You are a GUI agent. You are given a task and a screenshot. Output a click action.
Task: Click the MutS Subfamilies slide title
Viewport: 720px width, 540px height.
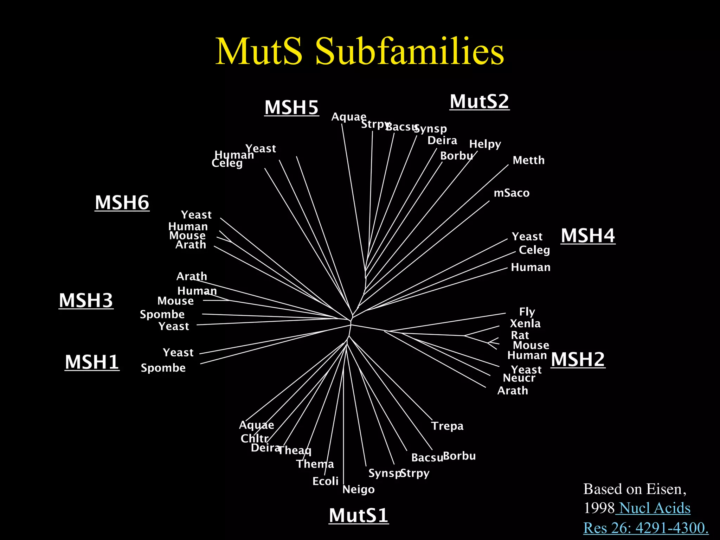click(360, 51)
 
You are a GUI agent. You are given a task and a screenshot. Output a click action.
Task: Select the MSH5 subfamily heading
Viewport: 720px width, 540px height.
click(291, 107)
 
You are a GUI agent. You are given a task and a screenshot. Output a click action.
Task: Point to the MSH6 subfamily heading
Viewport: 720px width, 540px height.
click(122, 202)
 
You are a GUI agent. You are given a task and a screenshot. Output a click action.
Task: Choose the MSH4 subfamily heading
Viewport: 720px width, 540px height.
click(588, 235)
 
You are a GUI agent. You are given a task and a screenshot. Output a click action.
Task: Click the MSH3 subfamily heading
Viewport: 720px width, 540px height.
click(86, 300)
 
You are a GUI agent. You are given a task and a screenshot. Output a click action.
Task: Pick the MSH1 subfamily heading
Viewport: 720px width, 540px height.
click(92, 362)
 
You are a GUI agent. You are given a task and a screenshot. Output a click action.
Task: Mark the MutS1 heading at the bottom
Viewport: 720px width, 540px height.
click(358, 515)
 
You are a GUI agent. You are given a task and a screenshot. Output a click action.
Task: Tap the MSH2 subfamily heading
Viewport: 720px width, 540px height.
click(578, 359)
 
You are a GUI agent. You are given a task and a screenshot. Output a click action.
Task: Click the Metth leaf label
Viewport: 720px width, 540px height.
click(528, 160)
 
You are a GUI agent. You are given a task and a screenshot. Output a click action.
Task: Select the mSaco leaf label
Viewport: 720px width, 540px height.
click(512, 193)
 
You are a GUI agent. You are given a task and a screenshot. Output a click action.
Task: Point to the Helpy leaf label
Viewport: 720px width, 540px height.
click(485, 144)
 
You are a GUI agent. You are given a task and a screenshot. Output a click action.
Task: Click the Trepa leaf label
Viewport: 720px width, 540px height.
click(447, 426)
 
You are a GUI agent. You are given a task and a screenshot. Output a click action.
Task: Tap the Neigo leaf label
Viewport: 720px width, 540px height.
click(358, 489)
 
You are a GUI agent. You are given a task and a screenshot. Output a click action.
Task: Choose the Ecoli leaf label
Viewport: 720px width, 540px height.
click(325, 481)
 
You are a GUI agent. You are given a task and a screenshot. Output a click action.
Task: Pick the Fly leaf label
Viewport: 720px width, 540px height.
click(527, 312)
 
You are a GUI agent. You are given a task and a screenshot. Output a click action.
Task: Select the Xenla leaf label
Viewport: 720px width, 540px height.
click(525, 323)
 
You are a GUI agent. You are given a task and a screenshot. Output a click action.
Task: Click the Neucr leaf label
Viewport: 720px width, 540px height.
click(519, 378)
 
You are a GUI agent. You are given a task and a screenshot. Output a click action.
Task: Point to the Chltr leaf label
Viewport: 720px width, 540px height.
click(254, 438)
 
